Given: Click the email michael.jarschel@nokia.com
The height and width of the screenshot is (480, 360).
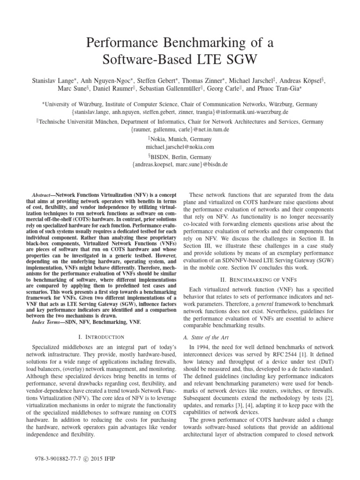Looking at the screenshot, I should click(180, 147).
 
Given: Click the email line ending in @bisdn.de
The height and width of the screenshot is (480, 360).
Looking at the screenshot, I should click(180, 165).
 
